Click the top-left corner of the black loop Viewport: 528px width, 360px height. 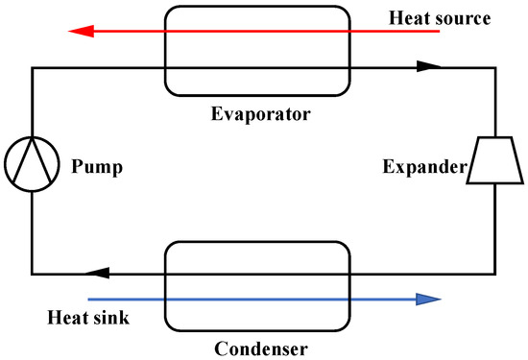pos(32,67)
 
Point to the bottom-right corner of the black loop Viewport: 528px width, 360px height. pos(494,272)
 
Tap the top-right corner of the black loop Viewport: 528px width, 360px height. pos(494,67)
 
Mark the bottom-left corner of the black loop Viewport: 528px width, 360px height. pos(32,272)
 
